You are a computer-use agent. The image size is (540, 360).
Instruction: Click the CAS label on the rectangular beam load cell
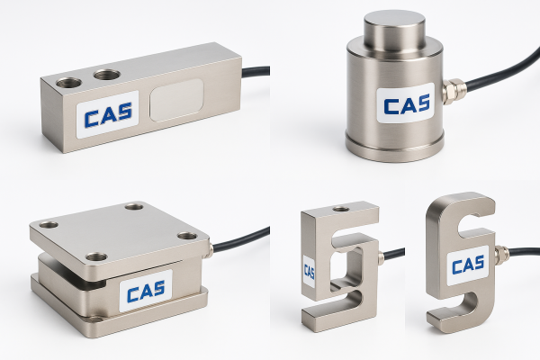pyautogui.click(x=107, y=114)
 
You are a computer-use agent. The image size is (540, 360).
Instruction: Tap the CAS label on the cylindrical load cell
pyautogui.click(x=406, y=103)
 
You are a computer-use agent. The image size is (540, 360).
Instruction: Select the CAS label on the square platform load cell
pyautogui.click(x=146, y=291)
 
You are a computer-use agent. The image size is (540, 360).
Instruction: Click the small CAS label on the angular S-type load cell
pyautogui.click(x=309, y=272)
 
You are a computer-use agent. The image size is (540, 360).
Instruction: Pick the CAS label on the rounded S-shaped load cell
pyautogui.click(x=468, y=265)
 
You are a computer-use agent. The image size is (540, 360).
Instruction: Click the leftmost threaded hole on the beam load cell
pyautogui.click(x=69, y=82)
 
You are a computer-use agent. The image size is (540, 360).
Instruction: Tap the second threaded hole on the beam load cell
pyautogui.click(x=107, y=74)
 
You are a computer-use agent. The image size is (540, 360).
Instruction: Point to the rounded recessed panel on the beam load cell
pyautogui.click(x=176, y=100)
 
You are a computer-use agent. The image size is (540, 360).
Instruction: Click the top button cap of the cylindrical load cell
pyautogui.click(x=395, y=30)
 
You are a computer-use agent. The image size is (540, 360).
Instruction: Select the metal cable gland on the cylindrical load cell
pyautogui.click(x=454, y=90)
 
